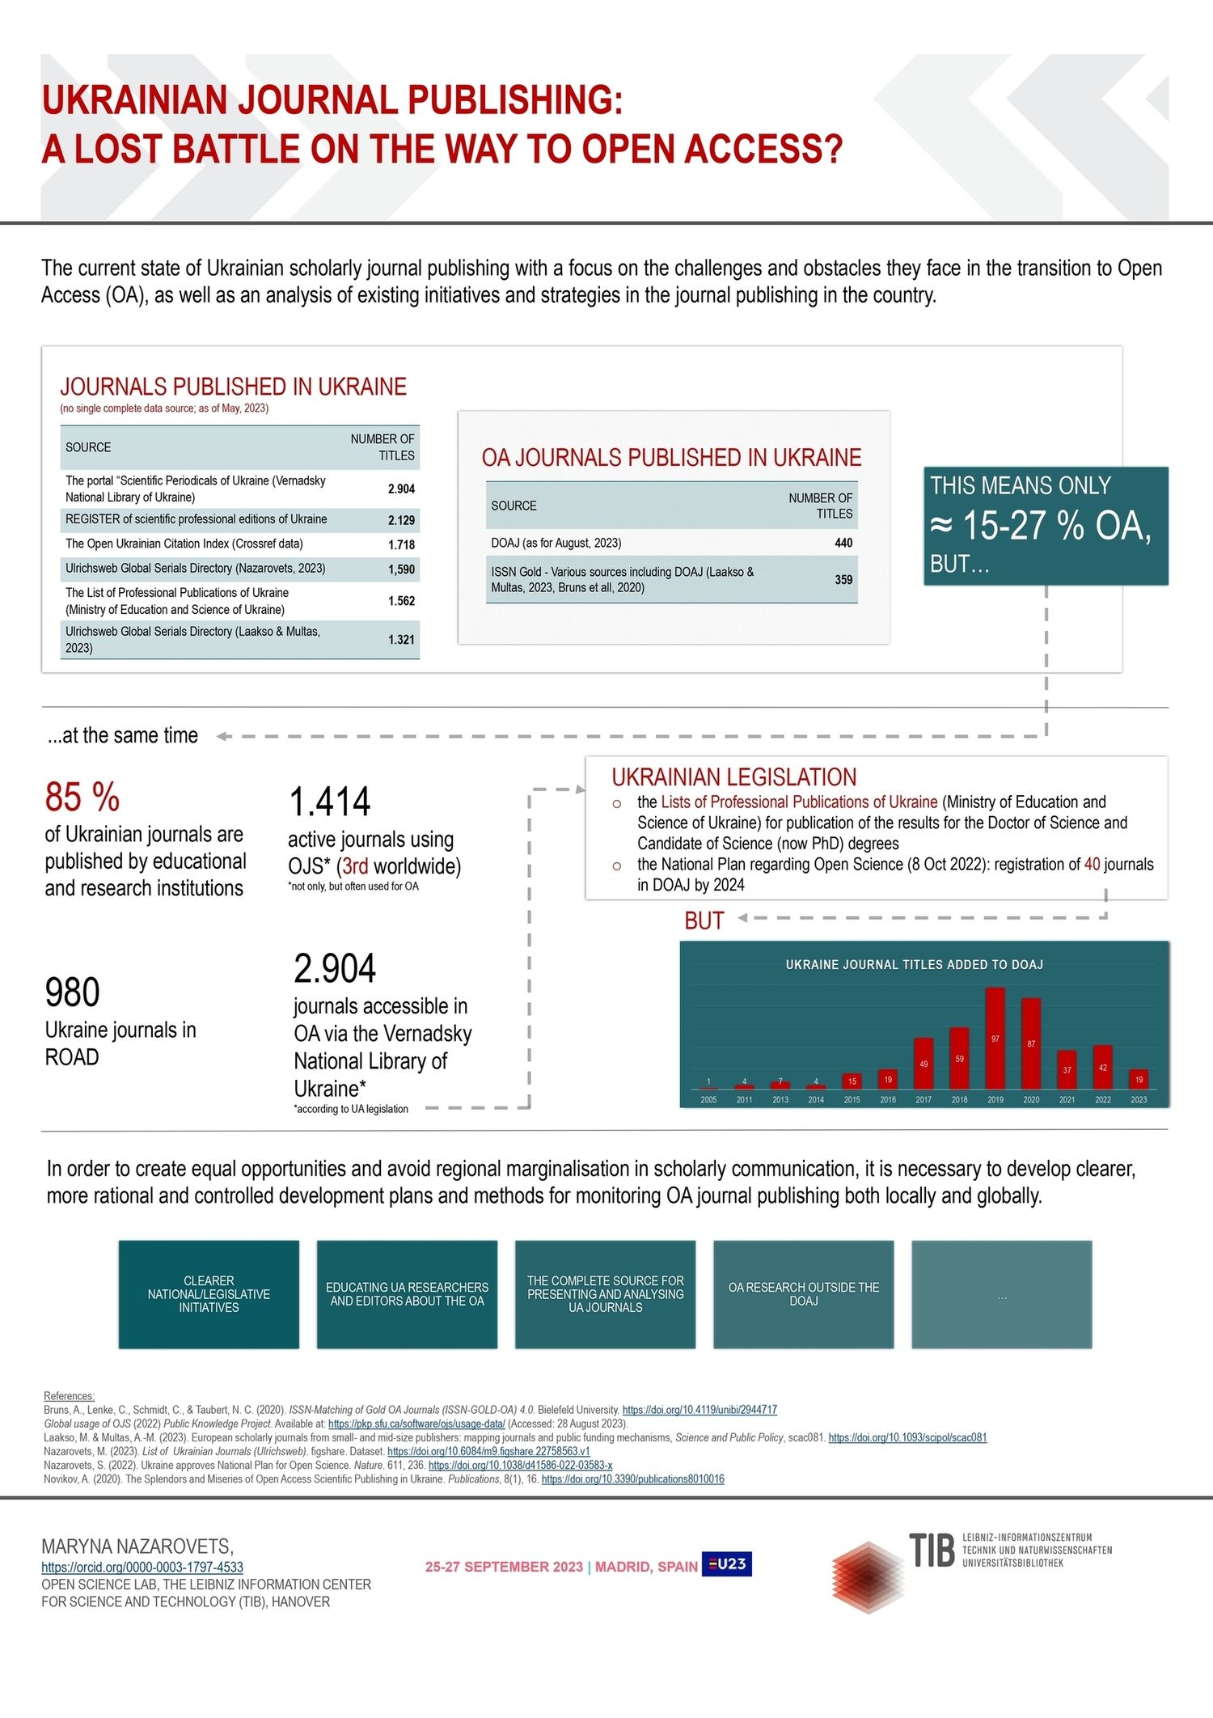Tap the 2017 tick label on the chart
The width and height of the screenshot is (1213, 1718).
pos(923,1100)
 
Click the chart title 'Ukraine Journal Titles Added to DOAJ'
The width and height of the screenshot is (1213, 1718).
pos(914,965)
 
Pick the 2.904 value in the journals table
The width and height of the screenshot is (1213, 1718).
pos(401,489)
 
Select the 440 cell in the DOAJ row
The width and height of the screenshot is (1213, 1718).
pos(843,544)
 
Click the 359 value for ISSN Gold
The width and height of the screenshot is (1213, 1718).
pos(843,580)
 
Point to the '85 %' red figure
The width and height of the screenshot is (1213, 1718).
pos(82,798)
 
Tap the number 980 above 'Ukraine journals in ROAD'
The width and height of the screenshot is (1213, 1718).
pos(73,993)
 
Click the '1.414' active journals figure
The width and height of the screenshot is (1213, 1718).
pos(330,802)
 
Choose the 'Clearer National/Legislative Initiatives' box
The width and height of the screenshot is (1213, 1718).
pos(209,1294)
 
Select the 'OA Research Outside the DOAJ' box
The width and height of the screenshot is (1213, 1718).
pos(803,1294)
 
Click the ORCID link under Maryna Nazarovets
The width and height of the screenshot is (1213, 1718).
pos(142,1568)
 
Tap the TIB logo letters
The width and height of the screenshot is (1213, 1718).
pos(932,1551)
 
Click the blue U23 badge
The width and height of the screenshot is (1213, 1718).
pos(727,1564)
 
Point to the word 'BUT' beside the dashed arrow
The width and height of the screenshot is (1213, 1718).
pos(704,921)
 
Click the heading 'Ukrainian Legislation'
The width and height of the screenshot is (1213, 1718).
pos(733,778)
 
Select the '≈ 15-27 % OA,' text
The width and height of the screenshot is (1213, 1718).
pos(1041,527)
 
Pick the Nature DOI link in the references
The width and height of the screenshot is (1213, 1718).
pos(520,1466)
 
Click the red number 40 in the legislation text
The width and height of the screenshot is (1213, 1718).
pos(1092,865)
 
